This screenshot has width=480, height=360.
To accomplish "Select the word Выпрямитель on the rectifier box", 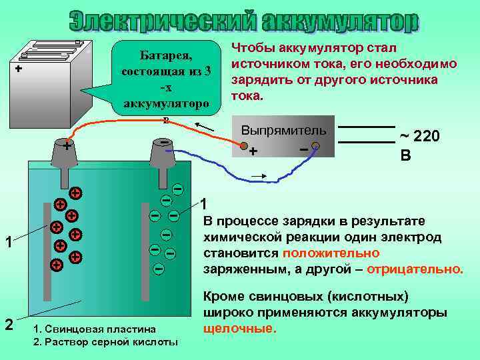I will (283, 129).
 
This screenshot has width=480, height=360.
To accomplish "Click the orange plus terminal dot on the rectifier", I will (245, 147).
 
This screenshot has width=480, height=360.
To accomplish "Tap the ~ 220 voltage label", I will (419, 137).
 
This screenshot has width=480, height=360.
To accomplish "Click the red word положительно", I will (331, 253).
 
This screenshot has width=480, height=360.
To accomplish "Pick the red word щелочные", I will (237, 329).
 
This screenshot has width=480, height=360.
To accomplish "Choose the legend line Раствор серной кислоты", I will (105, 342).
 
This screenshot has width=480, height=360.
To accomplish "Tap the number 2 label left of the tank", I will (8, 325).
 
